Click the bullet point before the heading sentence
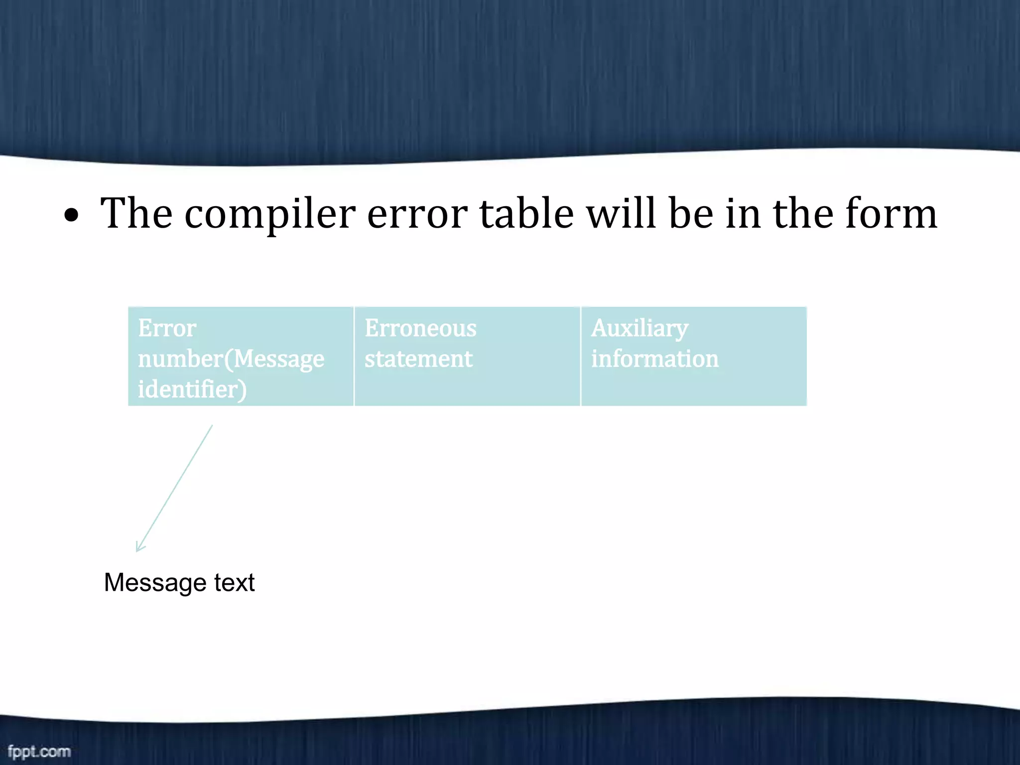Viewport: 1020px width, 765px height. point(72,215)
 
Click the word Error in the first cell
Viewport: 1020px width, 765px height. point(167,328)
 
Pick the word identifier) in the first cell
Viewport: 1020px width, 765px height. point(192,389)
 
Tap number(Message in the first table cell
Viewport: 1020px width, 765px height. point(231,359)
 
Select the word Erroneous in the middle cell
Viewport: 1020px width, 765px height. point(420,328)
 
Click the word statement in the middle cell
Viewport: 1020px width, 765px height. point(418,359)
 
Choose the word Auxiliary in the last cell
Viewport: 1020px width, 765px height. point(639,329)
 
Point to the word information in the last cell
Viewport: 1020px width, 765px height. point(654,359)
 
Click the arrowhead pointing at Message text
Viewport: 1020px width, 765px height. point(139,548)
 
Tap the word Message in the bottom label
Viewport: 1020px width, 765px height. point(155,583)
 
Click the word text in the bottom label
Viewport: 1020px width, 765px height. point(234,583)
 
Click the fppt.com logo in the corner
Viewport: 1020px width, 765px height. point(39,751)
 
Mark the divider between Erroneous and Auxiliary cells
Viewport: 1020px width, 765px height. point(581,357)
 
